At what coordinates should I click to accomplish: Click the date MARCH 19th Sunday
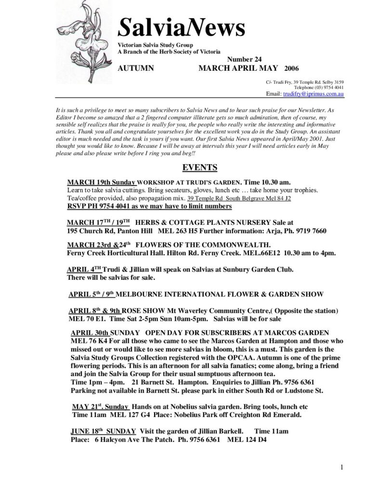click(102, 182)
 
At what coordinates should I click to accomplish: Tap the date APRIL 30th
click(91, 333)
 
